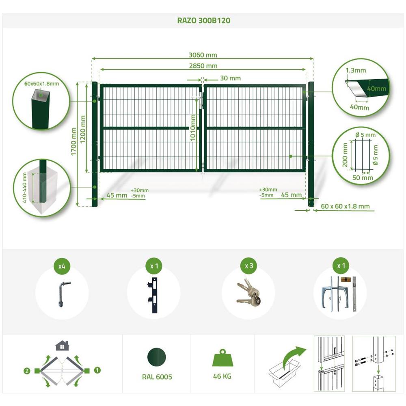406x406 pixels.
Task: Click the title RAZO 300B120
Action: pyautogui.click(x=203, y=20)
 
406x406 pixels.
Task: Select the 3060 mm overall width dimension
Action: pyautogui.click(x=203, y=55)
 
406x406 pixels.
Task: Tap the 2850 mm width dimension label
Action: pyautogui.click(x=203, y=66)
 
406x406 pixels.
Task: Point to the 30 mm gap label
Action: pyautogui.click(x=230, y=78)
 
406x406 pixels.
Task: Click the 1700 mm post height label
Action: pyautogui.click(x=74, y=141)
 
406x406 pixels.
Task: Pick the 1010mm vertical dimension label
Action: pyautogui.click(x=193, y=128)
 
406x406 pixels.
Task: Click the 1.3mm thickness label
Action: pyautogui.click(x=356, y=70)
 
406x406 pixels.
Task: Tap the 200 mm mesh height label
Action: pyautogui.click(x=345, y=155)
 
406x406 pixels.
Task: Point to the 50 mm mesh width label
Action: pyautogui.click(x=363, y=178)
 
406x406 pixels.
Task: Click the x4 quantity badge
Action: pyautogui.click(x=62, y=266)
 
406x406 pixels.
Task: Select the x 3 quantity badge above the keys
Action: pyautogui.click(x=249, y=266)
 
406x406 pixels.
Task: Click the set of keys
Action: pyautogui.click(x=248, y=292)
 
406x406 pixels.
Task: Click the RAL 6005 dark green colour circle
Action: pyautogui.click(x=157, y=357)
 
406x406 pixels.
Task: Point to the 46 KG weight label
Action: pyautogui.click(x=222, y=376)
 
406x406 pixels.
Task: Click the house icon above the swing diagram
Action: pyautogui.click(x=62, y=346)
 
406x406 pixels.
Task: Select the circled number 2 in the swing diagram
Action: pyautogui.click(x=27, y=371)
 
